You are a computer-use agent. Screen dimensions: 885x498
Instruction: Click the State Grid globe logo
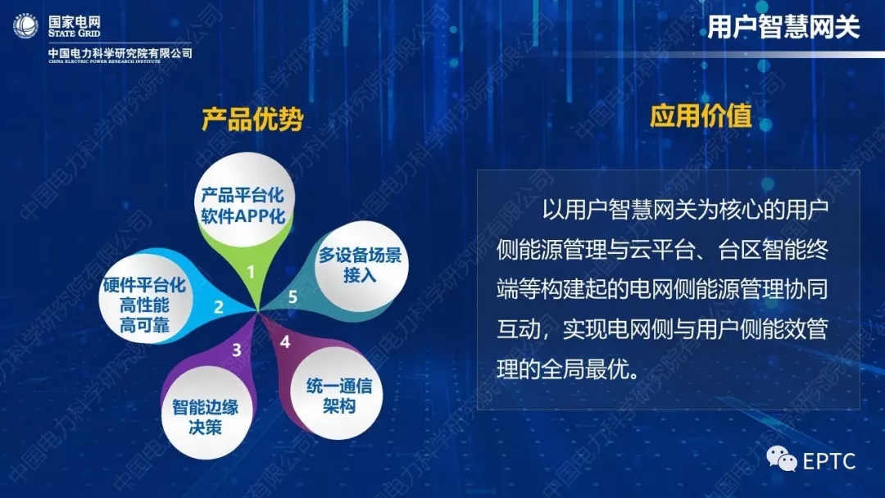coord(25,26)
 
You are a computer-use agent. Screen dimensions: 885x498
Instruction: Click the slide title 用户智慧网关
coord(783,27)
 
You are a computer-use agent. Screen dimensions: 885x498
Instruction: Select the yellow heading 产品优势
coord(252,119)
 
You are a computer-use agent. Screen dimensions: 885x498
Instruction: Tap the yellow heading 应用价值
coord(701,115)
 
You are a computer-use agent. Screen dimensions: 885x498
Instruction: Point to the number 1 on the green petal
coord(251,273)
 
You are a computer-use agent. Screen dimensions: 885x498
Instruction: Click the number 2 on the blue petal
coord(219,307)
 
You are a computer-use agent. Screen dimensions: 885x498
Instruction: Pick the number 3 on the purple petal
coord(237,350)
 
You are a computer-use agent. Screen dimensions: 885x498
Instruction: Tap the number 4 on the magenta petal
coord(284,342)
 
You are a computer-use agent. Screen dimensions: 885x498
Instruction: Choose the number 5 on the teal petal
coord(293,297)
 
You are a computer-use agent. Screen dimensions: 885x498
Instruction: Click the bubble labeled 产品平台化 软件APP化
coord(243,198)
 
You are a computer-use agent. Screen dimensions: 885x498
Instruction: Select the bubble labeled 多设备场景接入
coord(361,265)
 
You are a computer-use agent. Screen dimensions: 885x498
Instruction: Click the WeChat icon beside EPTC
coord(781,459)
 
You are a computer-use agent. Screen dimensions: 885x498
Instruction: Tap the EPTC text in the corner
coord(828,461)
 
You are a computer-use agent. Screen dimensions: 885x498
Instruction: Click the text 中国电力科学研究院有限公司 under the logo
coord(120,53)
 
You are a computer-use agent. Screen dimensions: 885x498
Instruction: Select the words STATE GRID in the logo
coord(74,34)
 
